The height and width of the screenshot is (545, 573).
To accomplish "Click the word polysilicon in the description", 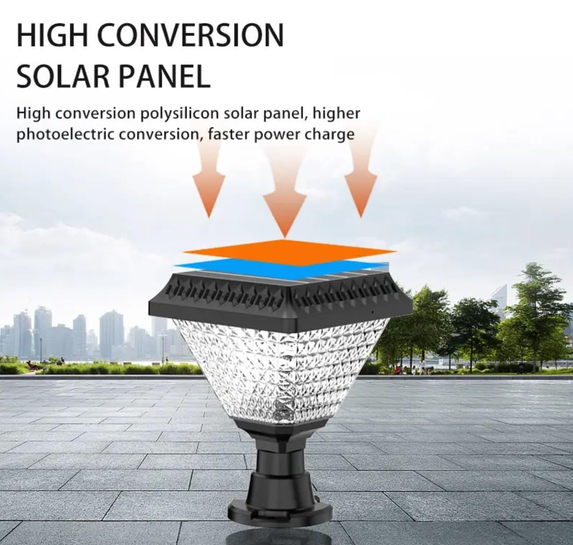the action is pyautogui.click(x=179, y=114).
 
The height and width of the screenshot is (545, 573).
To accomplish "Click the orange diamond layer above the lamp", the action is pyautogui.click(x=288, y=251).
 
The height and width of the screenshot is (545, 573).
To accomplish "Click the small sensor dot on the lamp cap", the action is pyautogui.click(x=372, y=312).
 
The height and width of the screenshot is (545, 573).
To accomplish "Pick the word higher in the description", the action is pyautogui.click(x=336, y=114).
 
